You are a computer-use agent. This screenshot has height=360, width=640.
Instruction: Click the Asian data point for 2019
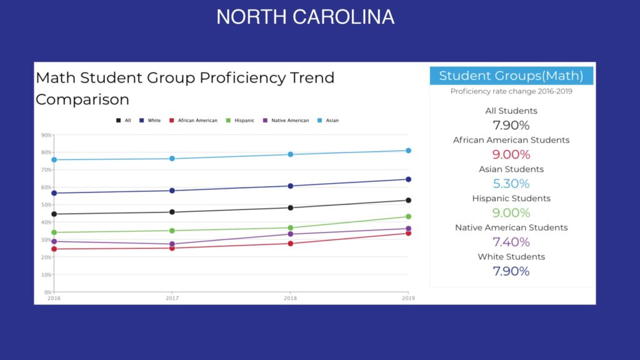point(408,151)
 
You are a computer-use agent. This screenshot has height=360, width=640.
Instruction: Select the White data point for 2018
point(290,186)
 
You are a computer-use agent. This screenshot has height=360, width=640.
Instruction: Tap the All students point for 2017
point(172,212)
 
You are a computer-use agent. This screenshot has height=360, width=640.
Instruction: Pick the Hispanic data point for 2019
point(408,217)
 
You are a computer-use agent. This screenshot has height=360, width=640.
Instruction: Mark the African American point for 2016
point(54,249)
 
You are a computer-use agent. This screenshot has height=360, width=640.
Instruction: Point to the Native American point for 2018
point(290,234)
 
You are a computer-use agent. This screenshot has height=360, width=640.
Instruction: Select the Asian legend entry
point(328,121)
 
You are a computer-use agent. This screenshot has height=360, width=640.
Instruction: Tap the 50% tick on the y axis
point(47,204)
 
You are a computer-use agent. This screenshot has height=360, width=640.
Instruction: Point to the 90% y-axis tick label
point(47,134)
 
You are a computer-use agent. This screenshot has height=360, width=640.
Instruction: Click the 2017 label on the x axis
point(172,298)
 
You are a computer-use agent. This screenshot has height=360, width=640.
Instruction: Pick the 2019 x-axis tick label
point(407,298)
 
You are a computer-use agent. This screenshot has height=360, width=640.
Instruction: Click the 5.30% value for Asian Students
point(511,184)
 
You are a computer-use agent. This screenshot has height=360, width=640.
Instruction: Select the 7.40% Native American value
point(511,242)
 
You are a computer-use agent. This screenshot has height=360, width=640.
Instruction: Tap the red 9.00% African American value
point(511,154)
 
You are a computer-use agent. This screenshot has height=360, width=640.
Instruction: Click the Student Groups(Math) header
point(511,76)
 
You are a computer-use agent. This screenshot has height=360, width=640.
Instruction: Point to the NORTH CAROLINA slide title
point(305,17)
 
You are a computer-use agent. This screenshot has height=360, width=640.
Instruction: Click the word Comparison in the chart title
point(82,99)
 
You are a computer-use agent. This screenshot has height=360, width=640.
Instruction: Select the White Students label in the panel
point(511,257)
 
